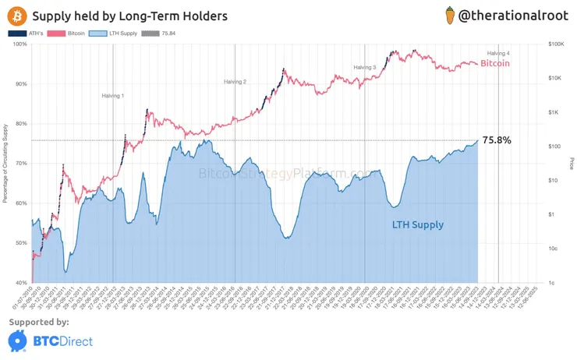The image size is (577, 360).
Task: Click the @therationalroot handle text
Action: pyautogui.click(x=518, y=15)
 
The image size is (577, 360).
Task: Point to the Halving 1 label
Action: pyautogui.click(x=113, y=95)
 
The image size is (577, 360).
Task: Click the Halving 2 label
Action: pyautogui.click(x=235, y=82)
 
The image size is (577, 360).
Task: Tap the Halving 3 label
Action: pyautogui.click(x=364, y=68)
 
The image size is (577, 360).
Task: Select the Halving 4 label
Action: pyautogui.click(x=498, y=52)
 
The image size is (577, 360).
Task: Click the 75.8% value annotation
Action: pyautogui.click(x=497, y=140)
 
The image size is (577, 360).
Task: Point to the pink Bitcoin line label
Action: pyautogui.click(x=494, y=63)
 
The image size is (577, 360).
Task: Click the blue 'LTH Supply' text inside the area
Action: pyautogui.click(x=417, y=225)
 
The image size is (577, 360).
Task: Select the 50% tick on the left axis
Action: pyautogui.click(x=21, y=243)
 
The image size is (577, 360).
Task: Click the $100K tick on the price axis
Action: pyautogui.click(x=556, y=44)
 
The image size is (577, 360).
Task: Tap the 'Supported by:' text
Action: pyautogui.click(x=39, y=322)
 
